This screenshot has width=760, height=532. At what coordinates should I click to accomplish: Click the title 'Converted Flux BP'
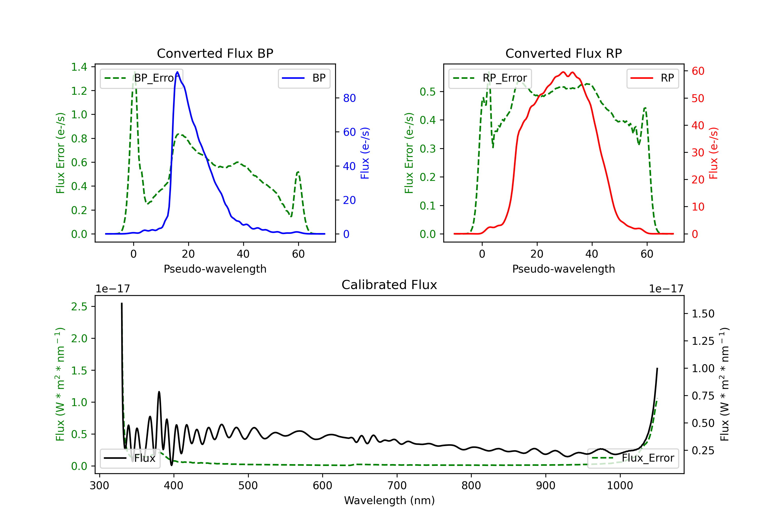pyautogui.click(x=215, y=53)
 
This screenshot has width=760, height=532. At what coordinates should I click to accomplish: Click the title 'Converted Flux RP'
pyautogui.click(x=563, y=53)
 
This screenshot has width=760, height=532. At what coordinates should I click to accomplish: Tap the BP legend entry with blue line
pyautogui.click(x=304, y=78)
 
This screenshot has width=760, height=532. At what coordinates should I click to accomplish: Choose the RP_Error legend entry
pyautogui.click(x=490, y=78)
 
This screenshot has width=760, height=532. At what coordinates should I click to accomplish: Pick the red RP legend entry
pyautogui.click(x=652, y=78)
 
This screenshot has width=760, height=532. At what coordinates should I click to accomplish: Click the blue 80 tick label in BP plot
pyautogui.click(x=349, y=98)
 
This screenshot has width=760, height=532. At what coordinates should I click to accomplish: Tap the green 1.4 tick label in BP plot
pyautogui.click(x=79, y=67)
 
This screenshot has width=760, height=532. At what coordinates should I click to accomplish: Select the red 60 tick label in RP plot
pyautogui.click(x=698, y=71)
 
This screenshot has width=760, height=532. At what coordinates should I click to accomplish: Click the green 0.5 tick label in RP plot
pyautogui.click(x=428, y=92)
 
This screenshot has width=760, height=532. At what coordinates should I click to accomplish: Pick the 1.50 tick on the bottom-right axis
pyautogui.click(x=703, y=314)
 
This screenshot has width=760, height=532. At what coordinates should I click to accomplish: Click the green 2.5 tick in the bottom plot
pyautogui.click(x=79, y=307)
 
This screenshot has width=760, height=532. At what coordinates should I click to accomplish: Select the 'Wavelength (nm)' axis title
pyautogui.click(x=389, y=500)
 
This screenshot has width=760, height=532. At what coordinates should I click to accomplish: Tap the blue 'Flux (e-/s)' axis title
pyautogui.click(x=365, y=153)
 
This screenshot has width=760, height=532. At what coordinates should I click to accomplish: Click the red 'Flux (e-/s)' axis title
pyautogui.click(x=713, y=153)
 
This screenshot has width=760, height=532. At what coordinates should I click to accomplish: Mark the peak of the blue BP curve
pyautogui.click(x=177, y=72)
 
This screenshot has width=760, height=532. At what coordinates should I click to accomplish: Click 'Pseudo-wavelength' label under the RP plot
pyautogui.click(x=563, y=269)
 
